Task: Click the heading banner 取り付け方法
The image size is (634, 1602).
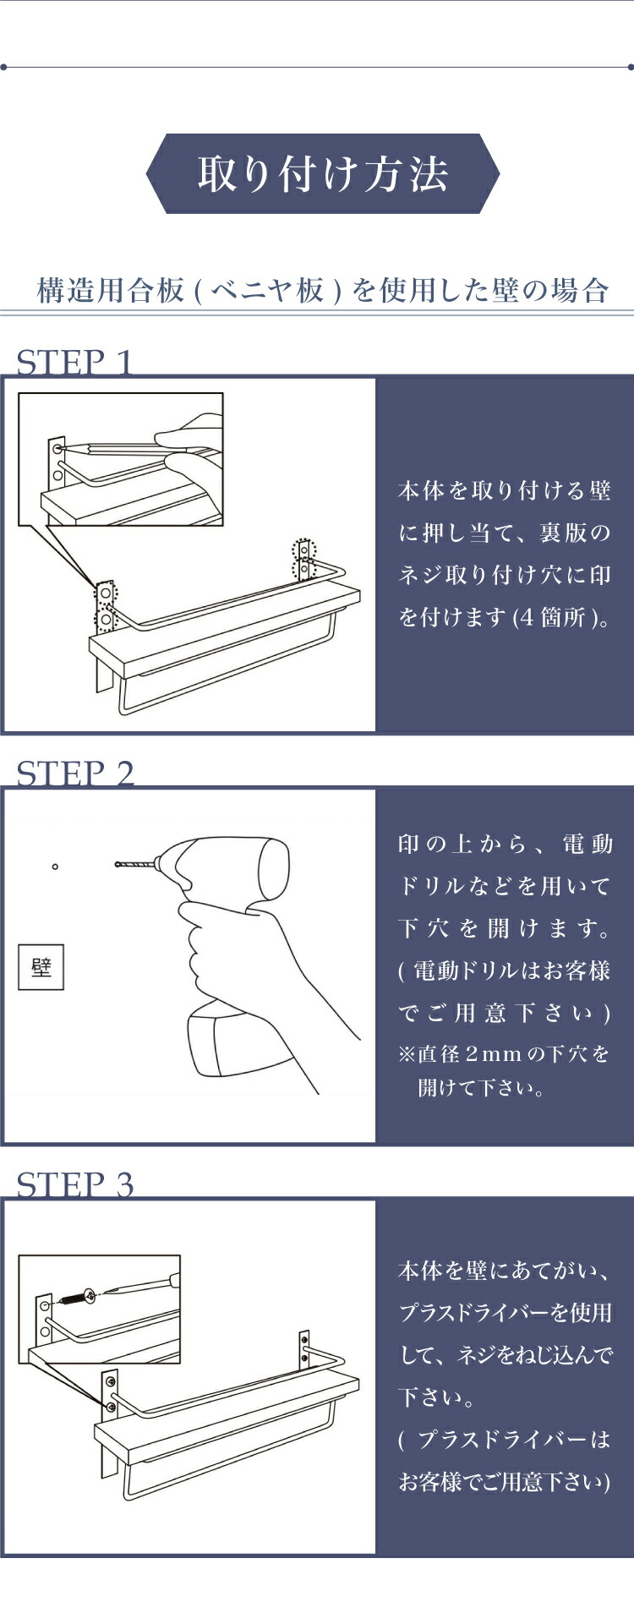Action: point(322,173)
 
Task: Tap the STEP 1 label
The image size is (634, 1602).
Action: point(75,363)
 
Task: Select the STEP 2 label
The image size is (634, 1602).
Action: point(75,774)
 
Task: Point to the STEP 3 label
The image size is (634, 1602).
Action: point(75,1184)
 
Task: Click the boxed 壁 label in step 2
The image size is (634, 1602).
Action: point(41,967)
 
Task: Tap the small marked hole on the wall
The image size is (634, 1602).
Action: point(55,867)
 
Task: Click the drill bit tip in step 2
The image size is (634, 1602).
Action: point(117,864)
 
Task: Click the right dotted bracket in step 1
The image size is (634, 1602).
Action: point(303,560)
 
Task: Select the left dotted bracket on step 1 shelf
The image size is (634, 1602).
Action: point(106,607)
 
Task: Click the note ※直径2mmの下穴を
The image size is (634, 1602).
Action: point(504,1054)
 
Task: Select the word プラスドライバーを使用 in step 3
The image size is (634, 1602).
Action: point(505,1312)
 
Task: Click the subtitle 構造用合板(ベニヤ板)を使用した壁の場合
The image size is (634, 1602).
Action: point(323,290)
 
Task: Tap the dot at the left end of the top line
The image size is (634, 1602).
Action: point(3,67)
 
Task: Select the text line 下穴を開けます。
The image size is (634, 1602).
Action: point(504,928)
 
